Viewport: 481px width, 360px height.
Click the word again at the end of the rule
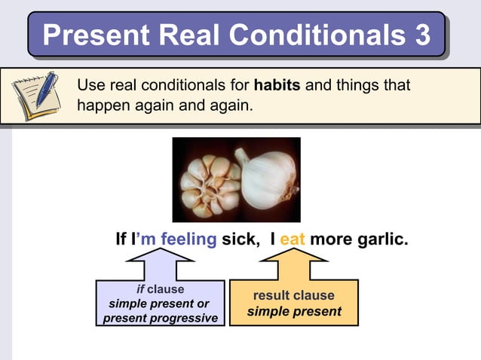click(x=226, y=105)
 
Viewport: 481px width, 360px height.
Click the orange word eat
click(x=293, y=240)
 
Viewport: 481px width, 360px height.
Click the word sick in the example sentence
click(x=240, y=240)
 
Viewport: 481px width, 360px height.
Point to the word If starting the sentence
click(x=123, y=240)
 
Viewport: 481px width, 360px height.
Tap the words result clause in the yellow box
click(x=293, y=295)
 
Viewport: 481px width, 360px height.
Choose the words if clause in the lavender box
click(x=160, y=289)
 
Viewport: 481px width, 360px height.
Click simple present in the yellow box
click(x=293, y=311)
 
